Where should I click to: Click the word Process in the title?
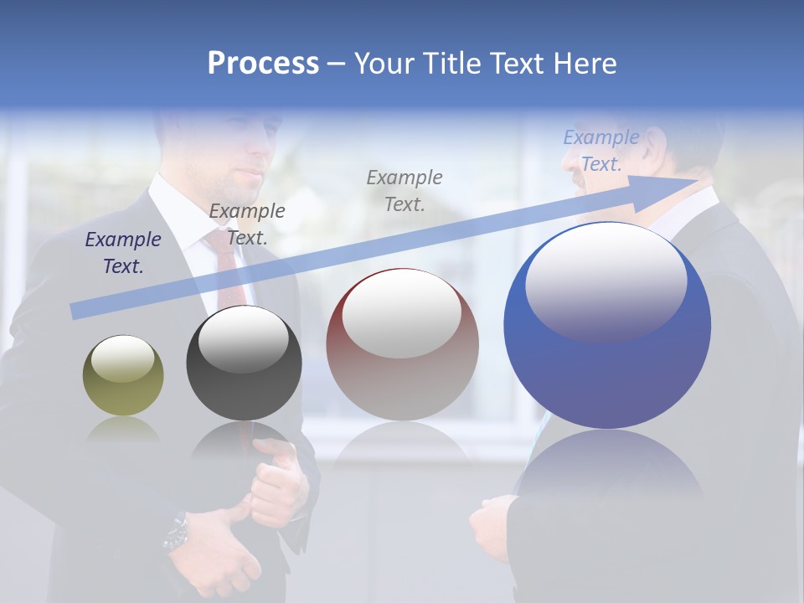[263, 64]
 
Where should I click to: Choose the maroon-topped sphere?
[403, 345]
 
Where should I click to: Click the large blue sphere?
[607, 327]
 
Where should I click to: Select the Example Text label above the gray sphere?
[247, 224]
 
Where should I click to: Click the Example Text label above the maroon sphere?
[405, 190]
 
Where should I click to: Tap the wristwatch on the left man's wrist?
[177, 533]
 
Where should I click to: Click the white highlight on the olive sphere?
[122, 358]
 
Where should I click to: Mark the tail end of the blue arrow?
[75, 311]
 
